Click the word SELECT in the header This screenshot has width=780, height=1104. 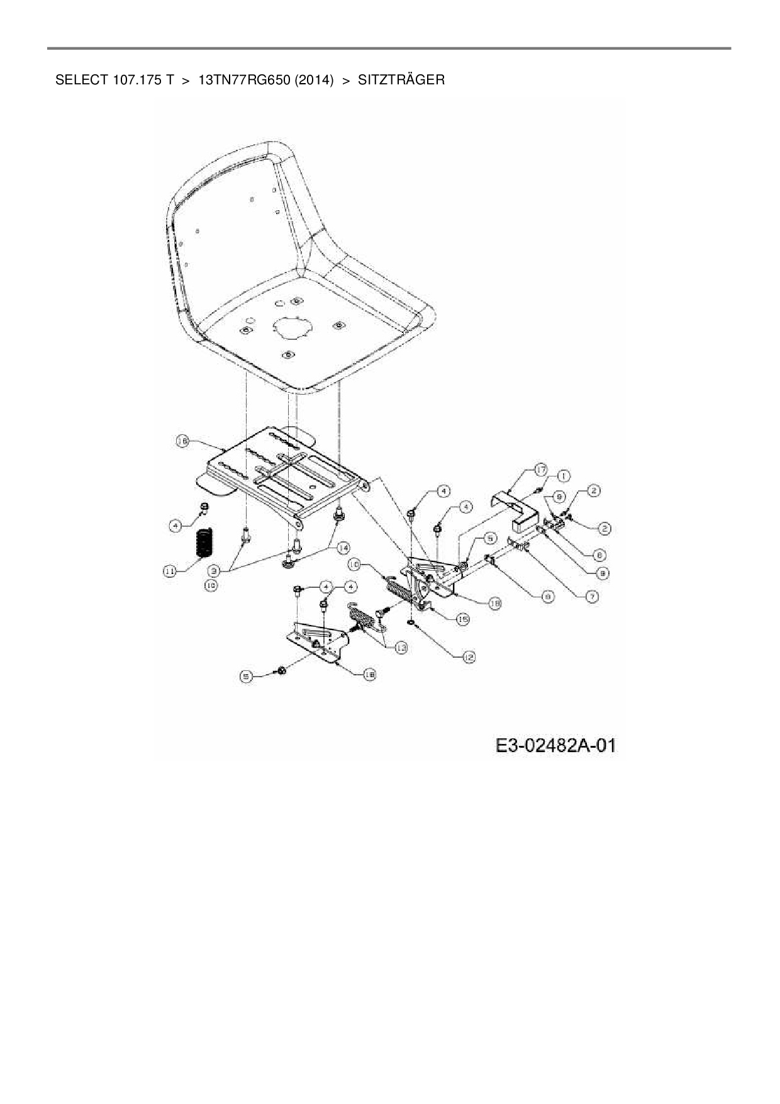(82, 80)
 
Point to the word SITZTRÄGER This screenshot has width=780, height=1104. (401, 80)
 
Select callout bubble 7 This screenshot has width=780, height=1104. (591, 595)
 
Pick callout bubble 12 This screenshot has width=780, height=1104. (468, 656)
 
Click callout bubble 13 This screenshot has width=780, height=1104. (401, 647)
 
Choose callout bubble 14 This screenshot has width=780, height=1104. (343, 548)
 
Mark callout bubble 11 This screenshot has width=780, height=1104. (170, 571)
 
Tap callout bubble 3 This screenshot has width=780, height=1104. (214, 571)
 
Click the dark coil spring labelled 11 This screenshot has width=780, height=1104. (203, 543)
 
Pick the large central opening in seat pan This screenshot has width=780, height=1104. (292, 327)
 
